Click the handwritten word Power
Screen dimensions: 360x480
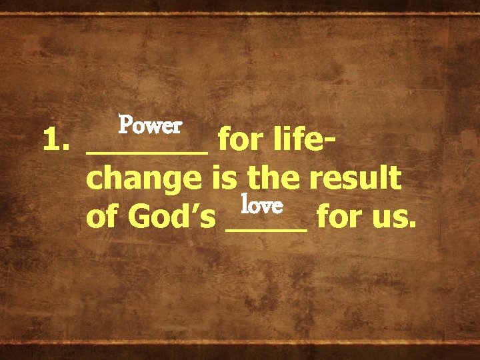click(x=150, y=125)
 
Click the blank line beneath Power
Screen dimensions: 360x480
click(x=147, y=152)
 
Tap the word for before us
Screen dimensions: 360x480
click(x=338, y=217)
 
